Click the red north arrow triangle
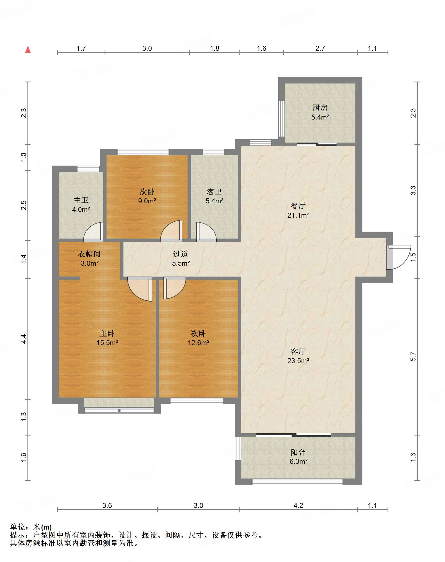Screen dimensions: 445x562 pos(28,49)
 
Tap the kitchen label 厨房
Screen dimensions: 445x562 pos(320,108)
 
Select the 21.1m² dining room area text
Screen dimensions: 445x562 pos(298,215)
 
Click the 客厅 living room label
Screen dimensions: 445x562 pos(298,351)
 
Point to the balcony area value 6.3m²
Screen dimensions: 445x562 pos(299,461)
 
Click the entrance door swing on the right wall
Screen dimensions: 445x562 pos(399,257)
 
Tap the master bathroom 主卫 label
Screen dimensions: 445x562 pos(81,200)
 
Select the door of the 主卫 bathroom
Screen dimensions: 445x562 pos(94,232)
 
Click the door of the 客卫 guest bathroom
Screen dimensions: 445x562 pos(206,232)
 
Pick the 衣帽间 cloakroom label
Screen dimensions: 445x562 pos(89,254)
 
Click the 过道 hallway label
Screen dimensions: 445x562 pos(181,254)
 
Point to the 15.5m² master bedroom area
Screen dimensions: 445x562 pos(107,343)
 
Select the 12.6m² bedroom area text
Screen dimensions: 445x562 pos(199,343)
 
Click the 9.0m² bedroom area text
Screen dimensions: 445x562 pos(147,201)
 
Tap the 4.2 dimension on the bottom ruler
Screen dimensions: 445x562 pos(298,505)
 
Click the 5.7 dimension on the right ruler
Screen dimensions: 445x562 pos(413,356)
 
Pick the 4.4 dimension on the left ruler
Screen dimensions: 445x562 pos(24,339)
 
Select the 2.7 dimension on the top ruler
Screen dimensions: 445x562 pos(320,48)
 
